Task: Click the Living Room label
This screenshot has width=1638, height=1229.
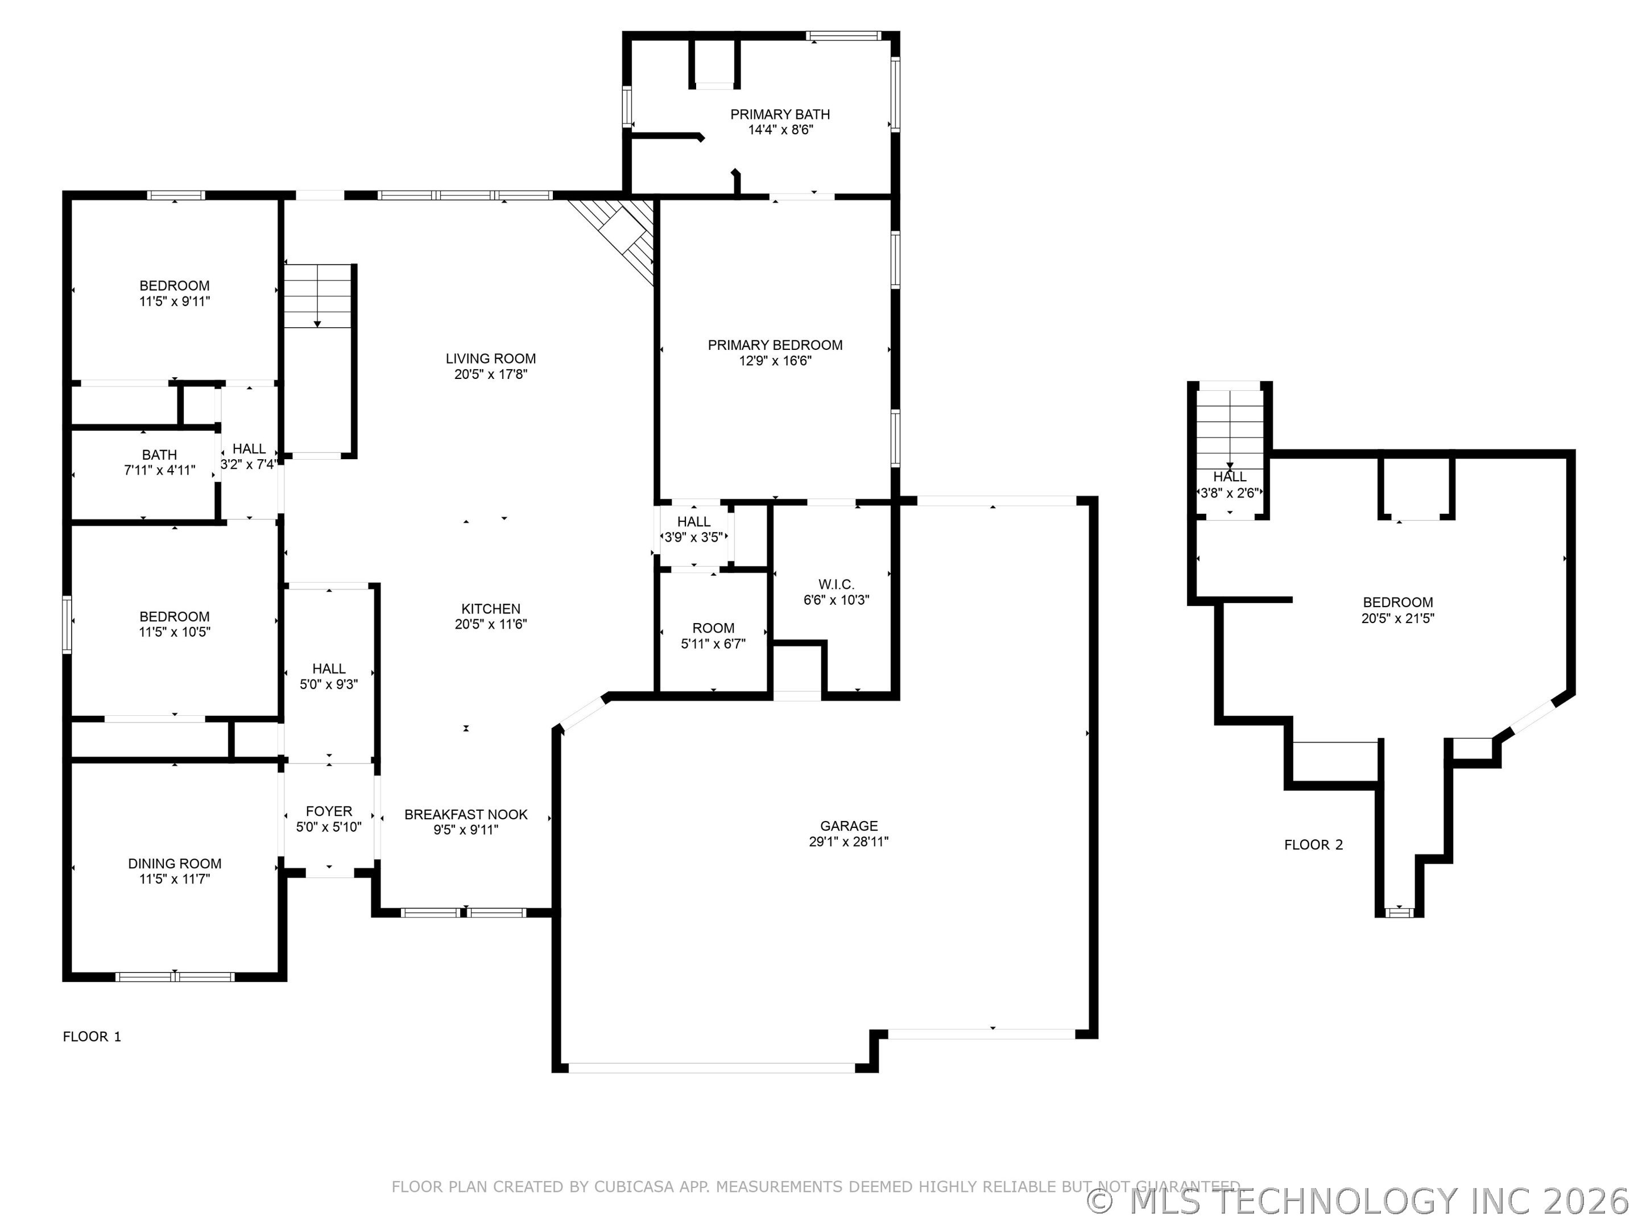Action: (x=490, y=358)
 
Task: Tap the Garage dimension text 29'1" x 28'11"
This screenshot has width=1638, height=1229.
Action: (x=849, y=842)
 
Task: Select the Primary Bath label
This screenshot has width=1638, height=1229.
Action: (x=780, y=114)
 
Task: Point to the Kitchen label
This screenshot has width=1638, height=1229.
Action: (x=490, y=609)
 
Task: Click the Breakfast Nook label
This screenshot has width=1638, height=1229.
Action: (x=466, y=814)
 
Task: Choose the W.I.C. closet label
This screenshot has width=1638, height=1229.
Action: (x=836, y=584)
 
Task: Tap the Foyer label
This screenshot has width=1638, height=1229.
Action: (x=329, y=811)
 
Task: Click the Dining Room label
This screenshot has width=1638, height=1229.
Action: (x=175, y=863)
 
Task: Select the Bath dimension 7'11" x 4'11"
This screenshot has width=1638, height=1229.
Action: (x=159, y=469)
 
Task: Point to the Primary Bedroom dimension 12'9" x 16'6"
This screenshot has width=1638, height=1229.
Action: (x=775, y=361)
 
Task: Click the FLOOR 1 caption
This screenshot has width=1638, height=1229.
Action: (x=92, y=1036)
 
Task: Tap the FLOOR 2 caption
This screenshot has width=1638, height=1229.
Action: (x=1313, y=844)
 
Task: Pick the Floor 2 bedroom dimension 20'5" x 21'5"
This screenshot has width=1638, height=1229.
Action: (x=1397, y=618)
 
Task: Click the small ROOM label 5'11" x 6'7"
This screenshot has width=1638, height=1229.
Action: (x=713, y=628)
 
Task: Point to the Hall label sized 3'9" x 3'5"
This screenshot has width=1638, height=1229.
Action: (x=694, y=522)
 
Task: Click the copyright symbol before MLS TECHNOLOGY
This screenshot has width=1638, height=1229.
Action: (x=1101, y=1201)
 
